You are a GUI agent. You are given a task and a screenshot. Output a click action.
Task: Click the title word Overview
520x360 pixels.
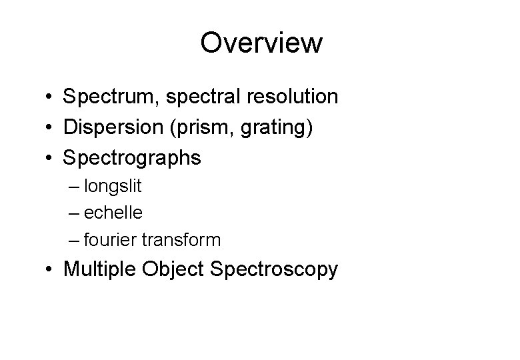coord(261,43)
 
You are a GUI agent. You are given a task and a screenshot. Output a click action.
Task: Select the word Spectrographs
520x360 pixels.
coord(131,159)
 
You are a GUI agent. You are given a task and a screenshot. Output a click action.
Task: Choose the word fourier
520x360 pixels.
coord(110,239)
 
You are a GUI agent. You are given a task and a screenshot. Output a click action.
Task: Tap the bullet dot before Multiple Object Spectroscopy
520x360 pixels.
coord(50,271)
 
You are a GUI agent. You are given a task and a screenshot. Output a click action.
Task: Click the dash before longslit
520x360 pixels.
coord(73,186)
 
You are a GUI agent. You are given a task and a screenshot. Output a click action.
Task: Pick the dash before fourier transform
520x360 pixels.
coord(73,239)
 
